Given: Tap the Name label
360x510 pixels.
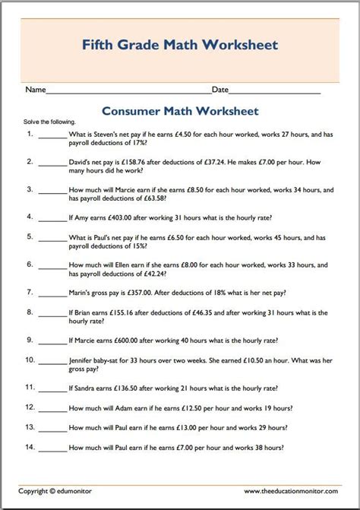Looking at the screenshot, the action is pos(36,90).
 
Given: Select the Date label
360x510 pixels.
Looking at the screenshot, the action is pos(220,90).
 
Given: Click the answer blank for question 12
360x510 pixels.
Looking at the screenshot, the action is pos(52,407).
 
